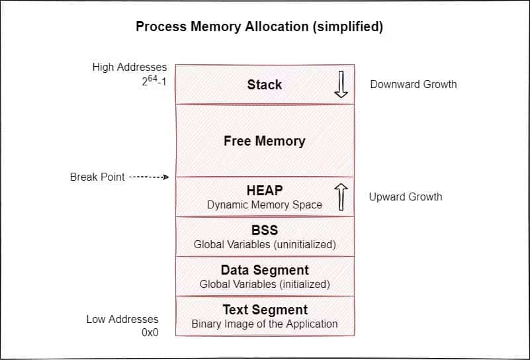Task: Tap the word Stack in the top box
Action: [264, 85]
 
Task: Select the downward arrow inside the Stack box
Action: [341, 85]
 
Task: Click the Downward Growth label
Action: [413, 84]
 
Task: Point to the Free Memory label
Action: [264, 141]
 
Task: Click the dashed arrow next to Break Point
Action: [149, 177]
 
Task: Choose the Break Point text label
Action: [97, 177]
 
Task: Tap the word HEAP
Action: [264, 191]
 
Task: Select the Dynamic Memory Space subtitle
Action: [264, 205]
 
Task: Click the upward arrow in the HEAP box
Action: [341, 197]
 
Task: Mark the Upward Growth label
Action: [405, 197]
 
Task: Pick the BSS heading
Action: [264, 230]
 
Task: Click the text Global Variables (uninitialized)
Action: [264, 245]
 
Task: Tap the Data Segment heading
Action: [264, 270]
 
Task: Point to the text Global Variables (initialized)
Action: [264, 285]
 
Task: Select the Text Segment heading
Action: [264, 310]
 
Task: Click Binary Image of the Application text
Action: [264, 324]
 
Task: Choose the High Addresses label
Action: [130, 67]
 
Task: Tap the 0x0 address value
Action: [150, 333]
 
